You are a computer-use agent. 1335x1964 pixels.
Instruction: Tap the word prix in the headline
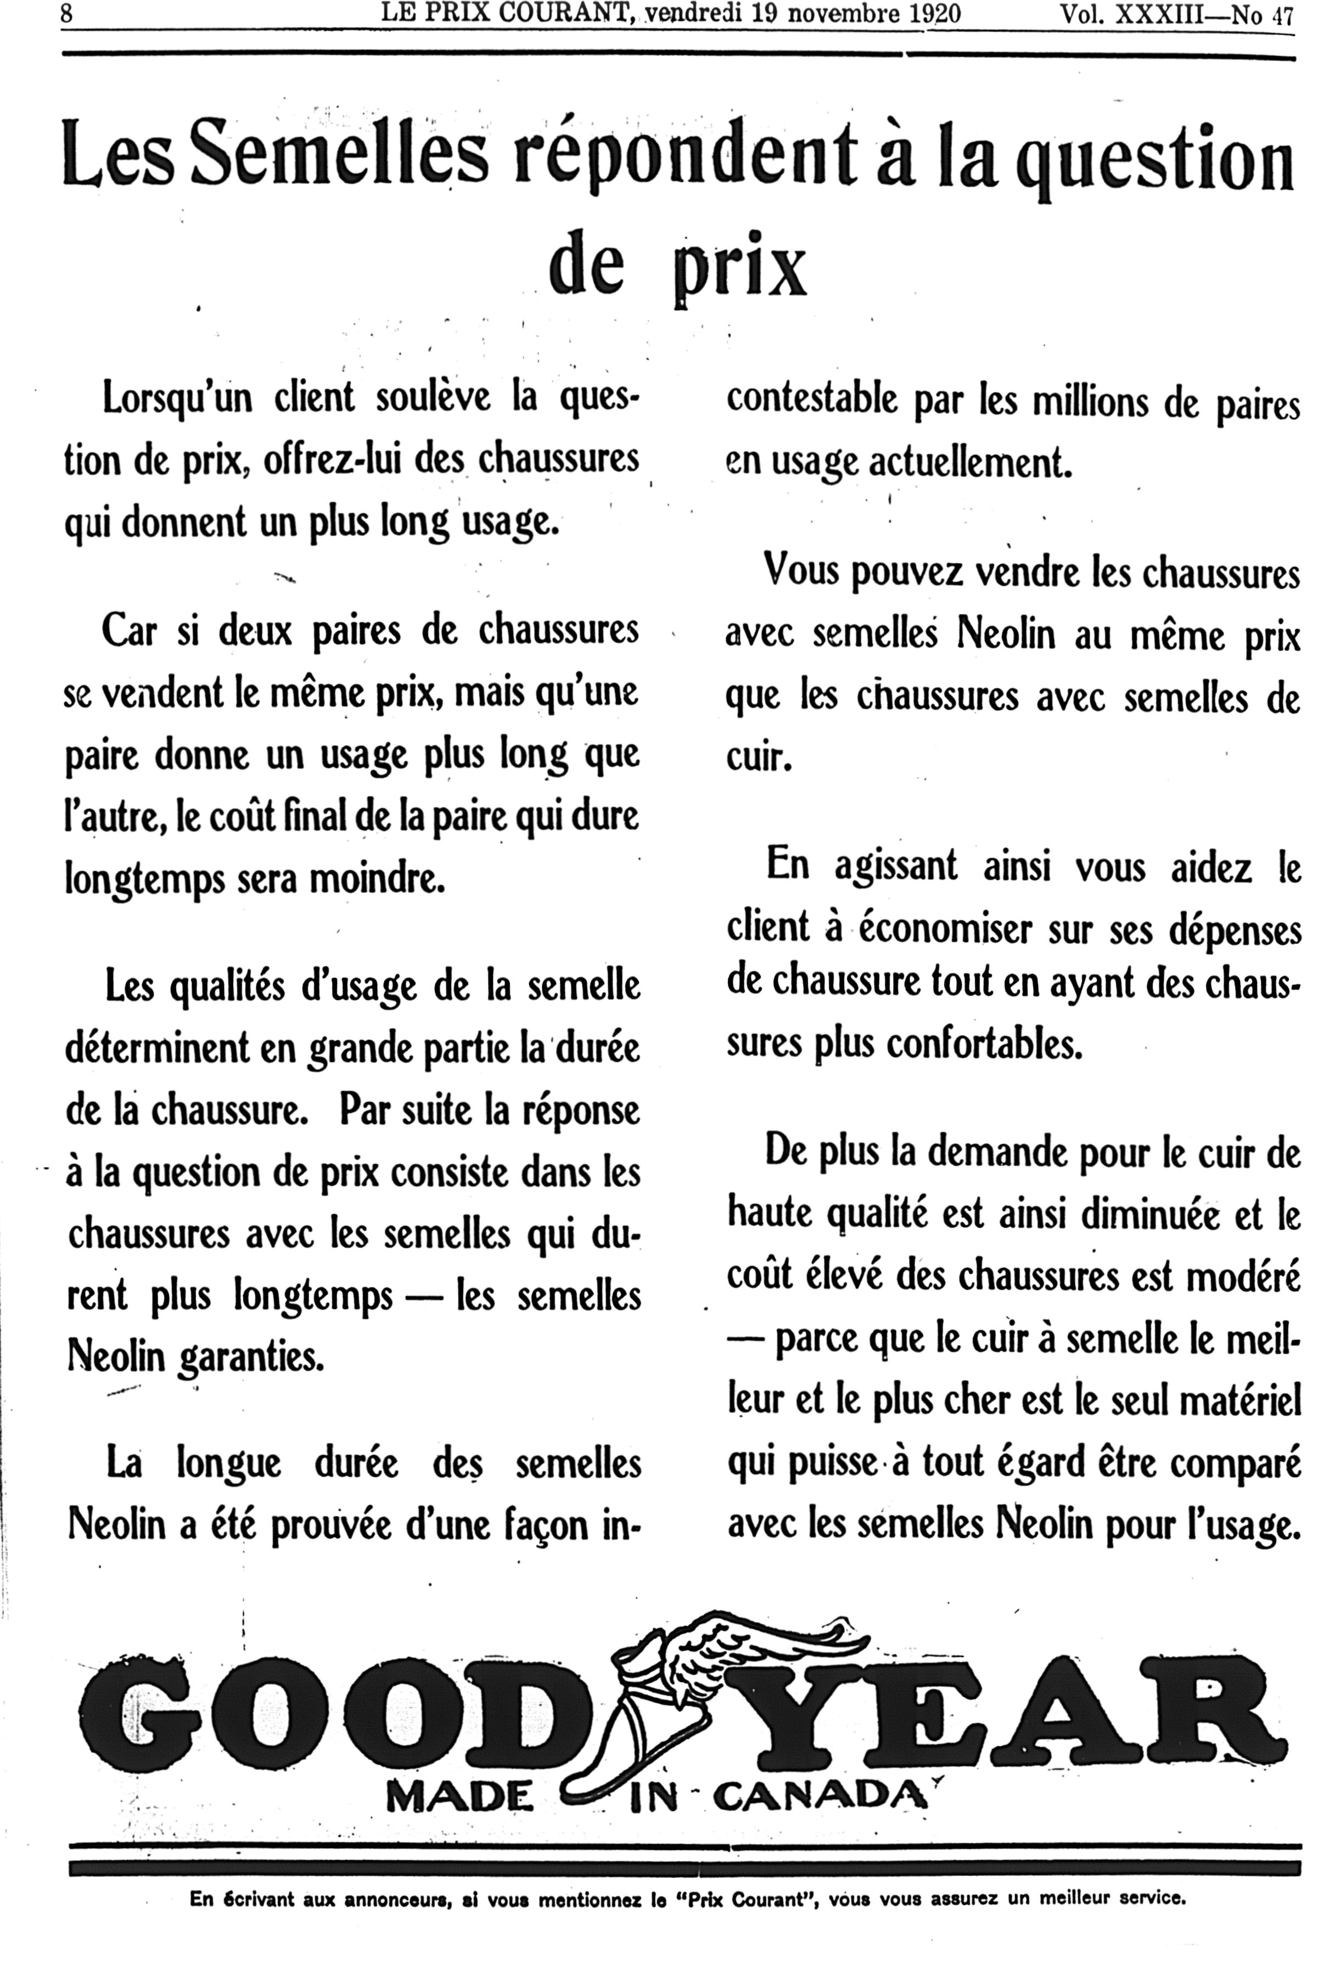pos(742,266)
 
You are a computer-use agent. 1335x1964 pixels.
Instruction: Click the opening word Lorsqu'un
pos(177,397)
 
